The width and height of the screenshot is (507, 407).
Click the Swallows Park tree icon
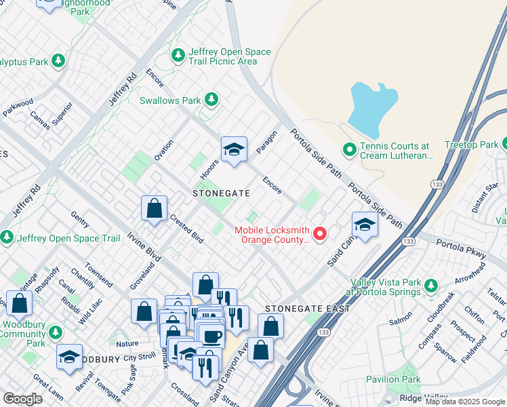point(211,100)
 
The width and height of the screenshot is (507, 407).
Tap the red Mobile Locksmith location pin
point(319,234)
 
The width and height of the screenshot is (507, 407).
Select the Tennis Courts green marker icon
point(350,149)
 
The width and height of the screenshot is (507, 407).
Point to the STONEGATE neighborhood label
point(217,193)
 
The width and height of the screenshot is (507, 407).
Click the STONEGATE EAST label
point(308,309)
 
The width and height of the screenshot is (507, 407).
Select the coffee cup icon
point(211,336)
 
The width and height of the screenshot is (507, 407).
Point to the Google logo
point(23,399)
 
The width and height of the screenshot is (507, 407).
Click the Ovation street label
point(163,150)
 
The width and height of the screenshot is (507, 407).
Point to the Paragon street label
point(268,142)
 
